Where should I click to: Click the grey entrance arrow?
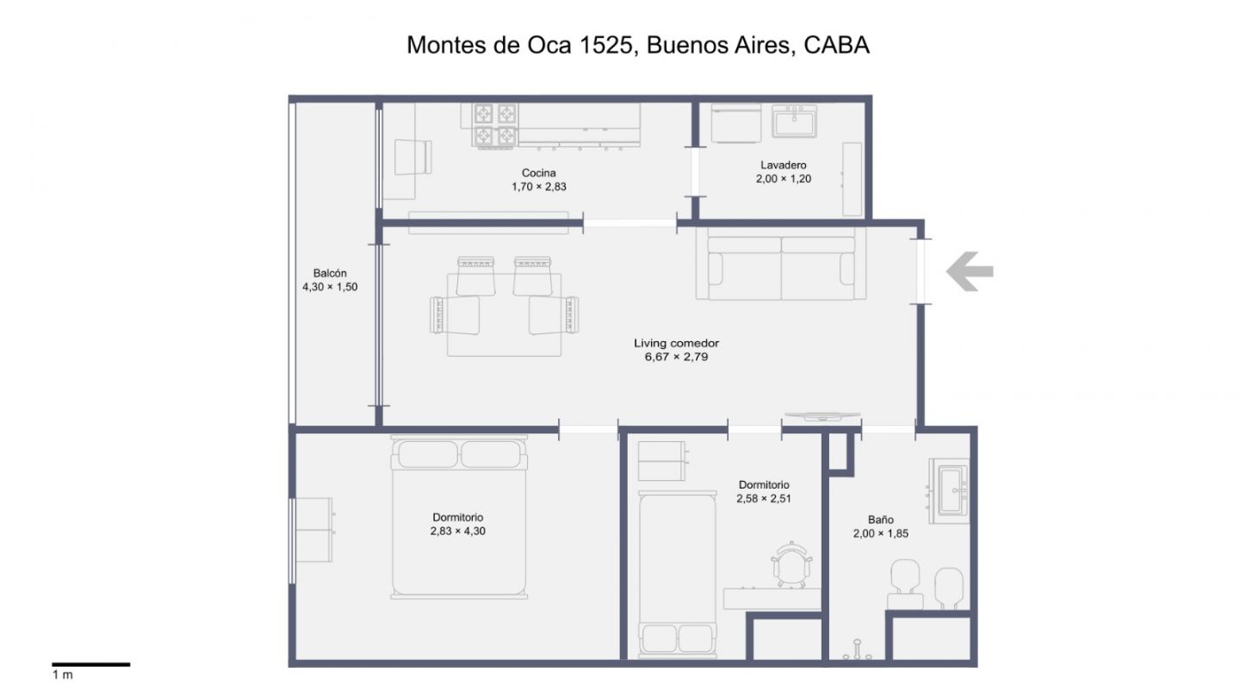pyautogui.click(x=970, y=271)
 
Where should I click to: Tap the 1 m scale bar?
pyautogui.click(x=90, y=664)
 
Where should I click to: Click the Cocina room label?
pyautogui.click(x=539, y=173)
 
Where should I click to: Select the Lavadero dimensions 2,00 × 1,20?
pyautogui.click(x=784, y=179)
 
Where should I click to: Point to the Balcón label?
pyautogui.click(x=330, y=273)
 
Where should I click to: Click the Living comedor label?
pyautogui.click(x=677, y=343)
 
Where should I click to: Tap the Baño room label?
pyautogui.click(x=881, y=520)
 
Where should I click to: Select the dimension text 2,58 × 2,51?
pyautogui.click(x=763, y=499)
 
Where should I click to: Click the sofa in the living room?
pyautogui.click(x=781, y=265)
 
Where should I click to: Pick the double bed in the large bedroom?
pyautogui.click(x=459, y=517)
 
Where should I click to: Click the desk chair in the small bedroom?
pyautogui.click(x=791, y=564)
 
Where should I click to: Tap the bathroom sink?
pyautogui.click(x=950, y=491)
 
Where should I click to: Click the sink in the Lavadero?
pyautogui.click(x=794, y=122)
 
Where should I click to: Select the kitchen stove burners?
pyautogui.click(x=495, y=126)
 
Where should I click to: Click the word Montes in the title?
pyautogui.click(x=447, y=46)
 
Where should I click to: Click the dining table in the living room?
pyautogui.click(x=505, y=314)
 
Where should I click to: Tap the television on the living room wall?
pyautogui.click(x=822, y=416)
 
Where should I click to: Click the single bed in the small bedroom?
pyautogui.click(x=677, y=574)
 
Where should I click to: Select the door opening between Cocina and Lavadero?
pyautogui.click(x=695, y=171)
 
